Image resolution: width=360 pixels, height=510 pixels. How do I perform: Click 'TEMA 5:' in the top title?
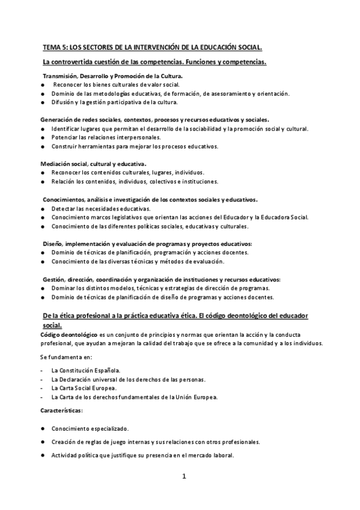tap(55, 46)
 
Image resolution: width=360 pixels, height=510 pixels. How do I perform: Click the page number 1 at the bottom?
tap(185, 477)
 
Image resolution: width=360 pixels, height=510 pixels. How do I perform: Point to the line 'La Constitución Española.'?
tap(86, 370)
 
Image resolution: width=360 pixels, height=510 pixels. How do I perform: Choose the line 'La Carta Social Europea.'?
tap(84, 388)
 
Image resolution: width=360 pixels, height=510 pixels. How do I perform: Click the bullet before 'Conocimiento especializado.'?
tap(43, 428)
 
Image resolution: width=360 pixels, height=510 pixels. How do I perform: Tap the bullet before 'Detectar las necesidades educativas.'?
tap(43, 208)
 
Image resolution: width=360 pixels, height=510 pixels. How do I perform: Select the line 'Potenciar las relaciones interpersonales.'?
tap(102, 138)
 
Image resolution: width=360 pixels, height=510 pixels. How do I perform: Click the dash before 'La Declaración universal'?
tap(41, 379)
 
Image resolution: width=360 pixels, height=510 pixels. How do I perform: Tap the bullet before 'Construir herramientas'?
tap(43, 146)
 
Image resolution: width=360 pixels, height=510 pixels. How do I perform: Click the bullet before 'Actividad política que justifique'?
tap(43, 455)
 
